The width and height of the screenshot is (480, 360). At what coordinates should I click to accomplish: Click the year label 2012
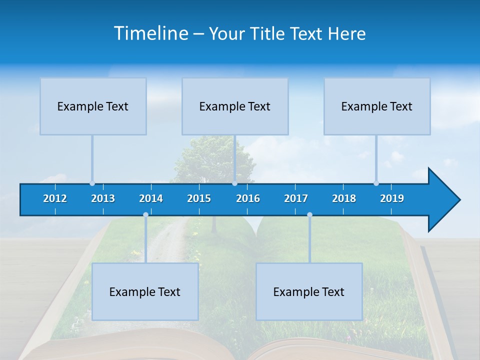[55, 198]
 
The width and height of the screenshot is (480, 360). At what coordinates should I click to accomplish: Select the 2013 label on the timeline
[103, 198]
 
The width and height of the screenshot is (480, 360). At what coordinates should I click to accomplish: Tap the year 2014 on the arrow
[151, 198]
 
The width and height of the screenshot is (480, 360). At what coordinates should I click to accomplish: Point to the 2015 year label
[199, 198]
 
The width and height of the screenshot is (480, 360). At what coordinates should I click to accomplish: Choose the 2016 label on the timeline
[248, 198]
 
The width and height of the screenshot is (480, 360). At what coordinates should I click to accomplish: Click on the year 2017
[296, 198]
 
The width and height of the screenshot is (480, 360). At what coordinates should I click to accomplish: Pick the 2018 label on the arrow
[344, 198]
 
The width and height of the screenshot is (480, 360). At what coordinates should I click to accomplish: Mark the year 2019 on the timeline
[392, 198]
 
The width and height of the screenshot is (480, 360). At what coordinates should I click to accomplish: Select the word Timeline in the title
[150, 33]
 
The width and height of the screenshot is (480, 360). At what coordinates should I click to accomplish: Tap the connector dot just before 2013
[92, 183]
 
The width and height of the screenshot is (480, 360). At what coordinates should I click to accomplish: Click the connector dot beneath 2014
[145, 214]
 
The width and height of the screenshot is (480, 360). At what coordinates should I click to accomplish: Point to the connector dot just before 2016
[234, 183]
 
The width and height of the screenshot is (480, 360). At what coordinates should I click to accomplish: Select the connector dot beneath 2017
[309, 214]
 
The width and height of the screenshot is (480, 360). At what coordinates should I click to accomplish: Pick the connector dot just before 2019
[376, 183]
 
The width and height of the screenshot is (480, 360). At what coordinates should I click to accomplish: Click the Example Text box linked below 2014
[145, 291]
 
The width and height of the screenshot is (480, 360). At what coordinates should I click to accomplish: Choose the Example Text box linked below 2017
[309, 291]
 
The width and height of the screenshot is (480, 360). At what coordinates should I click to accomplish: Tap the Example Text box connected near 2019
[377, 106]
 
